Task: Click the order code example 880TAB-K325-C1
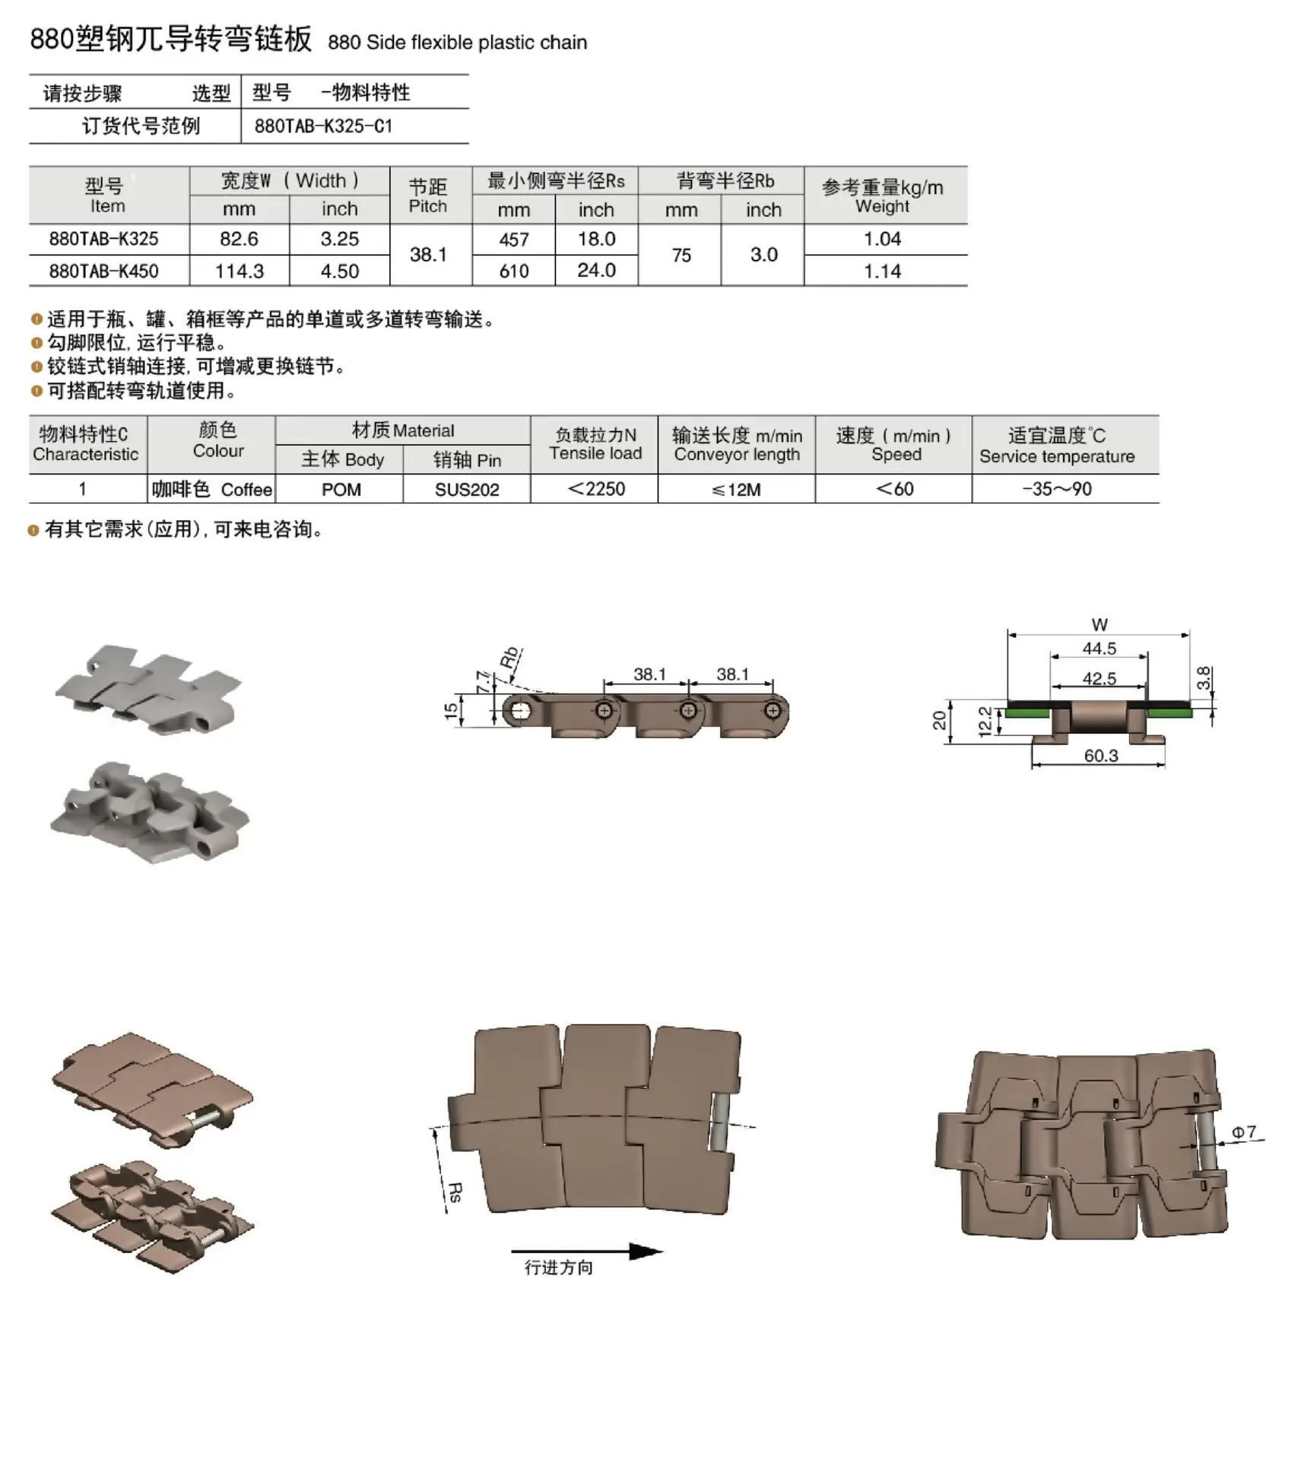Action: click(x=323, y=126)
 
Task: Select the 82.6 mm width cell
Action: click(x=239, y=239)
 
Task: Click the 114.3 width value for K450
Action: click(x=239, y=271)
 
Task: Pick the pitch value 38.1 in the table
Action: click(x=428, y=255)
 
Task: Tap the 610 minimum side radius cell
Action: click(x=514, y=271)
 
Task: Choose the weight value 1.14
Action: click(x=882, y=271)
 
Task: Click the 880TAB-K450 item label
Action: click(x=104, y=271)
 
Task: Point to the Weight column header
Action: click(x=882, y=196)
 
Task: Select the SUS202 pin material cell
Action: click(x=467, y=490)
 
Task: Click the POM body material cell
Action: click(x=341, y=490)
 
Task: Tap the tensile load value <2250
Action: click(x=596, y=489)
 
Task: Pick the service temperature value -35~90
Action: click(x=1057, y=489)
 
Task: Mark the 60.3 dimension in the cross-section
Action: click(x=1100, y=755)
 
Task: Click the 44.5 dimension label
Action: click(x=1100, y=649)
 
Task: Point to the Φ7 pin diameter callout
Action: click(x=1244, y=1132)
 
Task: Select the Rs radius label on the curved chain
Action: click(x=455, y=1192)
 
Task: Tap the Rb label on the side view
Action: click(x=509, y=657)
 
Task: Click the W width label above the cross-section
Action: click(x=1100, y=625)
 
